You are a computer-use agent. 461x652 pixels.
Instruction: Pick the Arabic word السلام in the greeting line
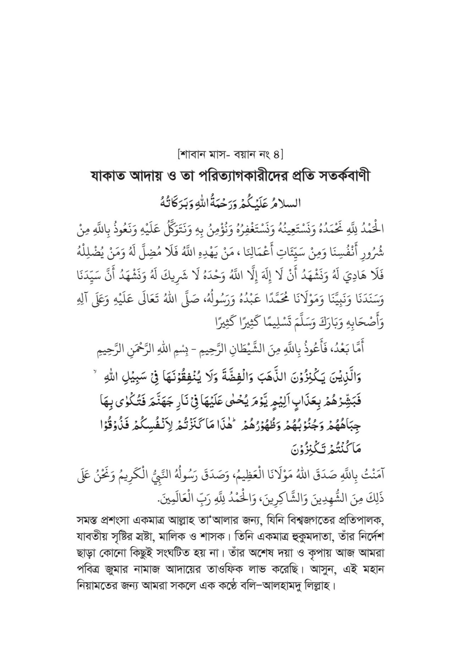point(287,203)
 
